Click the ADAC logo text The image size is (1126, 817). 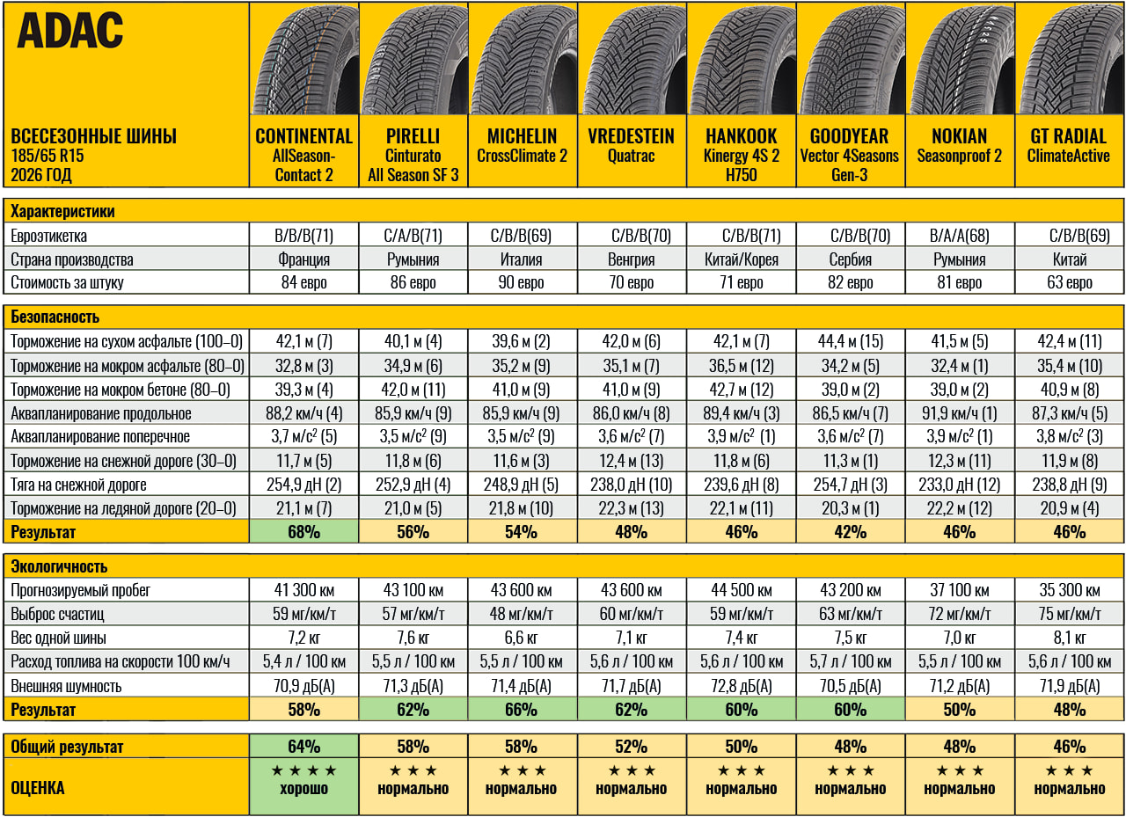69,30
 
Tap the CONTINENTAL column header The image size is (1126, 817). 303,136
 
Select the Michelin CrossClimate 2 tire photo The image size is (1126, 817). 523,59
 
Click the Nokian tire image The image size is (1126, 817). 960,59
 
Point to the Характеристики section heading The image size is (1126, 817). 62,212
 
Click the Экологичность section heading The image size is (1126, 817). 59,566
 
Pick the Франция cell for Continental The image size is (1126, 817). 303,259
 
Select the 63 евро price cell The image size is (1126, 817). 1069,282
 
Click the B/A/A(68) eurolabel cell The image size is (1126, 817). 959,236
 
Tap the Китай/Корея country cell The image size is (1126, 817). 741,259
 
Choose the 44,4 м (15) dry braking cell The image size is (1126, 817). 850,342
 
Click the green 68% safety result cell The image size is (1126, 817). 303,531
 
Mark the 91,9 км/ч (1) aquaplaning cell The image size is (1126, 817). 959,413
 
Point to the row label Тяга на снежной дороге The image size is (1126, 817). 78,485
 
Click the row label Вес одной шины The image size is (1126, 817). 58,638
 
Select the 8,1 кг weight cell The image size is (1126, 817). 1069,638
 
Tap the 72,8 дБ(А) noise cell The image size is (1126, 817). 741,686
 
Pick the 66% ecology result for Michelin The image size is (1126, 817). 522,710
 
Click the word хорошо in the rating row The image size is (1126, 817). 303,789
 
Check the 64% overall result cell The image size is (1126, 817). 303,747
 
